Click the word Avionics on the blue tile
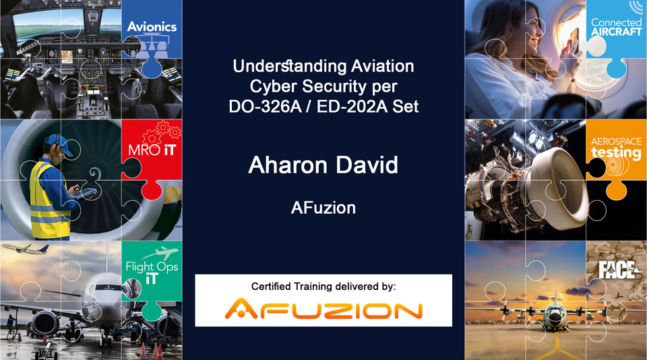[x=152, y=27]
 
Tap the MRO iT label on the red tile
[x=152, y=149]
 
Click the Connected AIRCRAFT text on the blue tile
[x=616, y=28]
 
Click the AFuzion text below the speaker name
[x=323, y=208]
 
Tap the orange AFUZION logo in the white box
[x=323, y=310]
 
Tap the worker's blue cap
[x=58, y=141]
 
